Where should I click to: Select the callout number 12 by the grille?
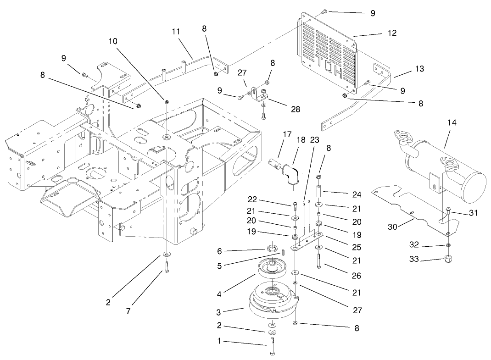tap(391, 33)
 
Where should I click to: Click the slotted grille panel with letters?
tap(328, 50)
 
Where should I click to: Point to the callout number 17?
tap(287, 135)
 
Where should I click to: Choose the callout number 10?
tap(113, 41)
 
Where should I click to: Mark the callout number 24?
tap(357, 194)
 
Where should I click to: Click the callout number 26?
tap(357, 276)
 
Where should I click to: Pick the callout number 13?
tap(419, 69)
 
